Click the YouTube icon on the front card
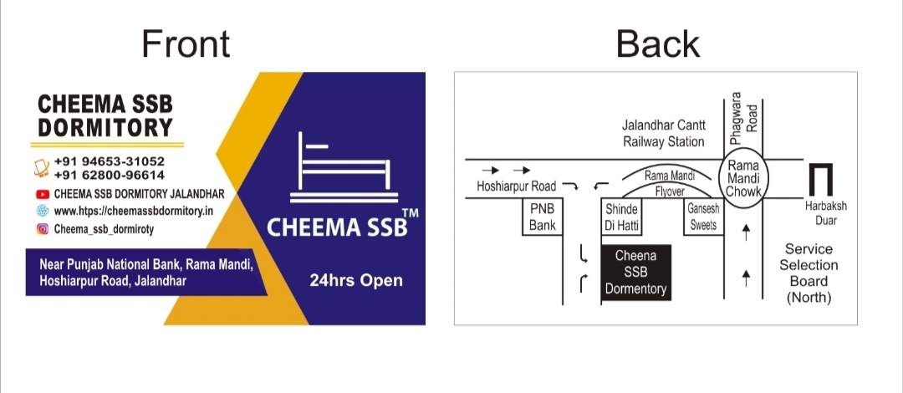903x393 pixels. [42, 194]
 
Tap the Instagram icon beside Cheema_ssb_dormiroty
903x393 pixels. [42, 229]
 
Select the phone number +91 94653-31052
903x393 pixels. [110, 162]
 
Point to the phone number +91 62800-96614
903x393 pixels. [110, 176]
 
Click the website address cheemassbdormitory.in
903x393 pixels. [134, 212]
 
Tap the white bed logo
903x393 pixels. [344, 168]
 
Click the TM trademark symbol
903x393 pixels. [410, 213]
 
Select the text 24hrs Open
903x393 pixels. [356, 281]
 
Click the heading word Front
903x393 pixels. [186, 43]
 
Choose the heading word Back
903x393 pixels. [658, 43]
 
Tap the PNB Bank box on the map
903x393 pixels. [542, 217]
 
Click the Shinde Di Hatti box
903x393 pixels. [621, 217]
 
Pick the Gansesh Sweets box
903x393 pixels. [703, 217]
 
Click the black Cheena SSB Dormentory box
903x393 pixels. [635, 273]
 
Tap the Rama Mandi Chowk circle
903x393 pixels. [743, 179]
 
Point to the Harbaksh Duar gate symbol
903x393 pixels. [821, 180]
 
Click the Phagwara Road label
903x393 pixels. [743, 118]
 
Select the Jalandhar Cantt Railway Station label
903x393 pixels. [663, 133]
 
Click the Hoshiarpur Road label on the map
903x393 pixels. [517, 186]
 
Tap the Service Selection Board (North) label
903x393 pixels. [809, 273]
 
